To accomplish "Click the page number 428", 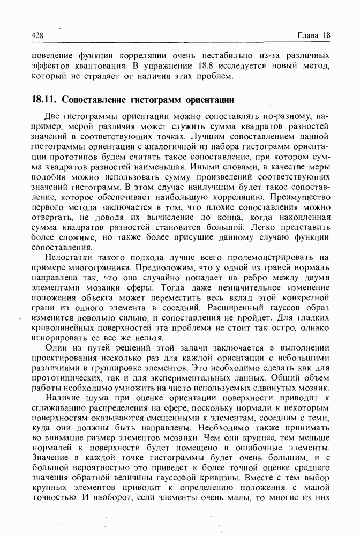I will (37, 35).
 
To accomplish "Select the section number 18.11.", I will (44, 99).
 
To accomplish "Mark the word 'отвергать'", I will (52, 217).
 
